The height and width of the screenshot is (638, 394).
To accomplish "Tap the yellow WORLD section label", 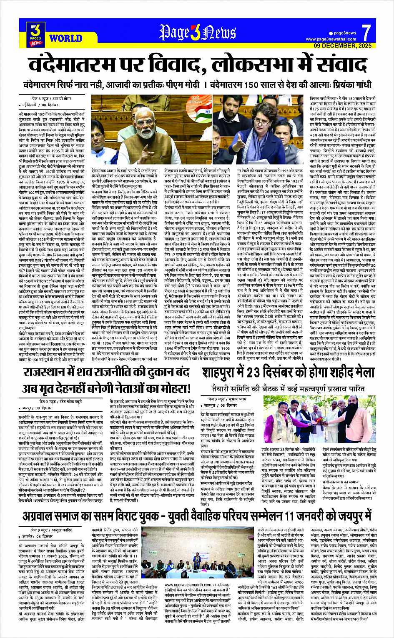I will click(65, 38).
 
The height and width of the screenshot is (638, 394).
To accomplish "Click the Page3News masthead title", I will click(198, 33).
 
